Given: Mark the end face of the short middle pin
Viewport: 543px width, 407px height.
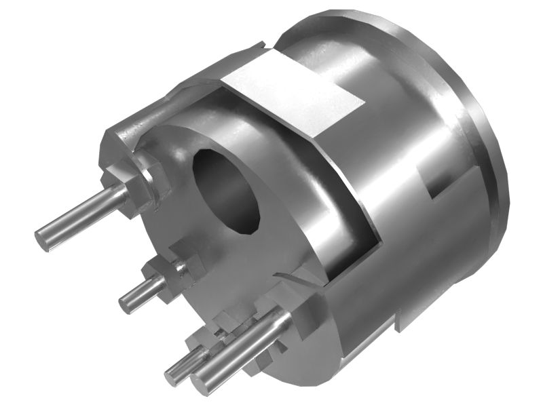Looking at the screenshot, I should [126, 303].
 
